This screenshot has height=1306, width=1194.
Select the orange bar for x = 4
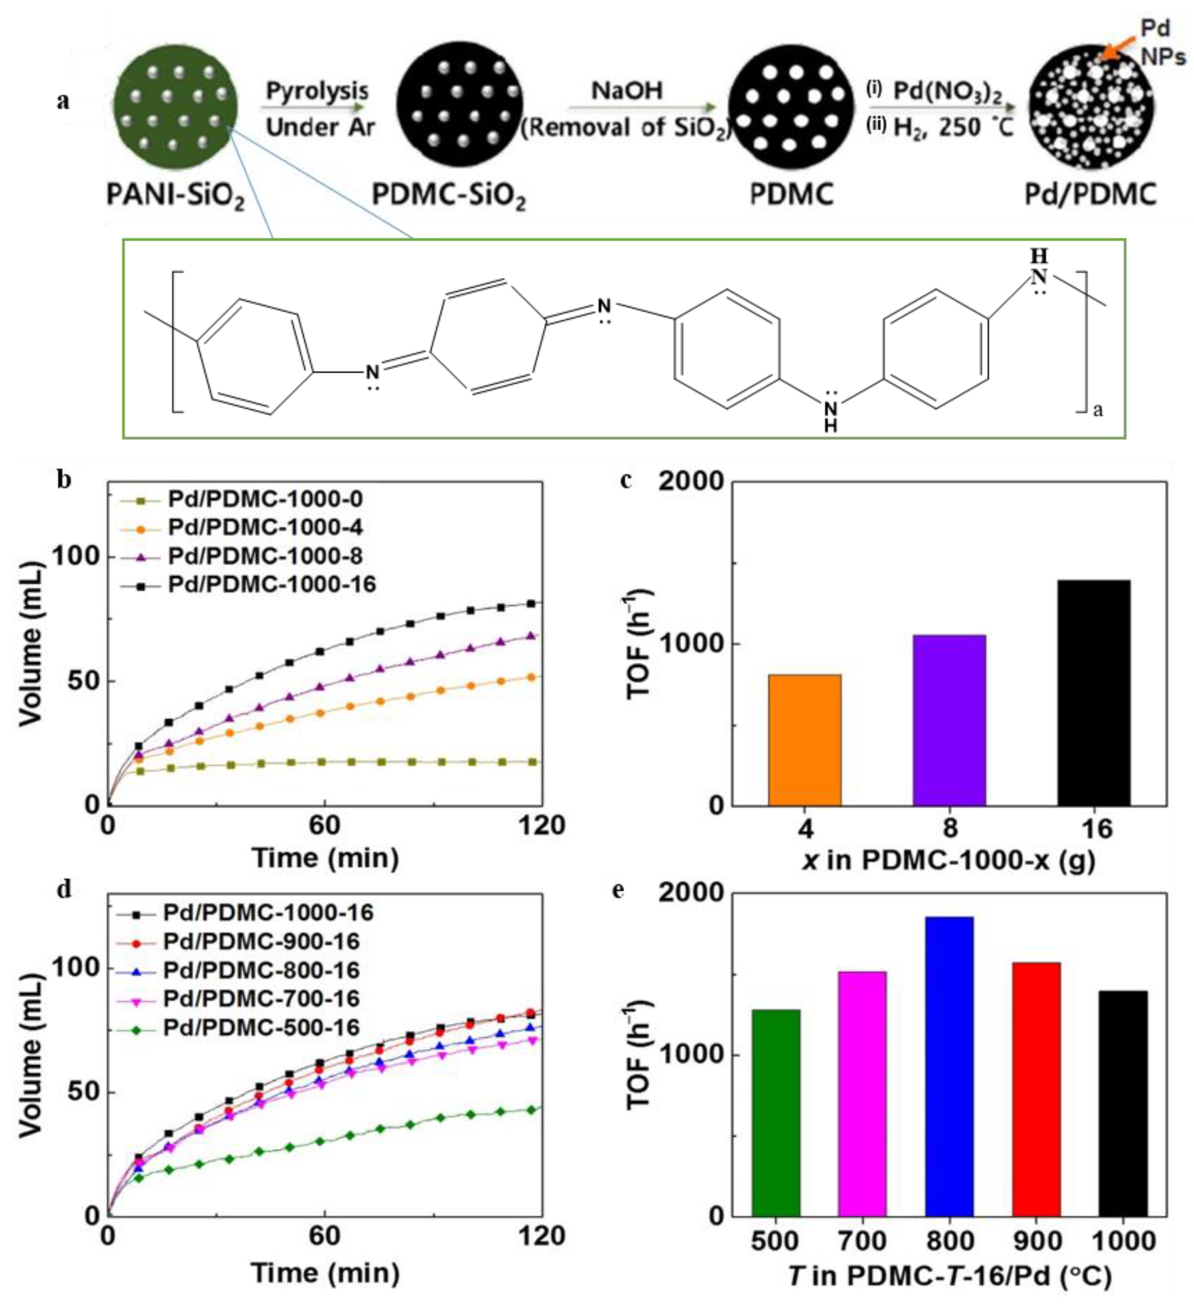click(805, 740)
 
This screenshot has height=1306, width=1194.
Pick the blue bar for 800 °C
click(949, 1067)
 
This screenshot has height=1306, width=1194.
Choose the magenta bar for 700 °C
click(862, 1094)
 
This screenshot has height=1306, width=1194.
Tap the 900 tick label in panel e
click(1037, 1241)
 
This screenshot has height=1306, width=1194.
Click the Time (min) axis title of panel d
click(325, 1274)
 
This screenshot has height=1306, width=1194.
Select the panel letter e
click(618, 891)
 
